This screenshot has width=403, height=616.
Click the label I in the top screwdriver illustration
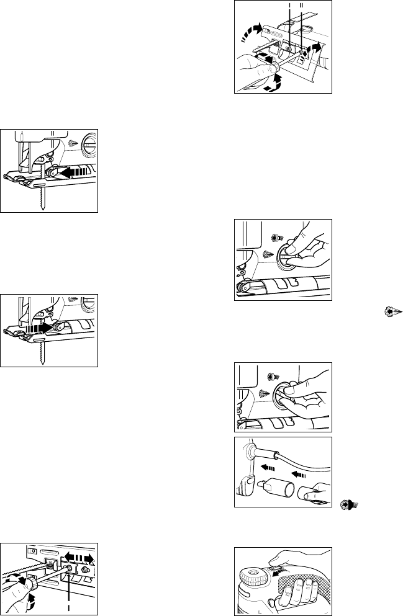coord(290,5)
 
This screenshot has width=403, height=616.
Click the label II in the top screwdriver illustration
coord(302,5)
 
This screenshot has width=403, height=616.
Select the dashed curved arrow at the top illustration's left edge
coord(251,32)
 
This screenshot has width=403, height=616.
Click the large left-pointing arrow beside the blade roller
coord(74,172)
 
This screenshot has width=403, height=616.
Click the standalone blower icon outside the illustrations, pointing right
coord(393,312)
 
